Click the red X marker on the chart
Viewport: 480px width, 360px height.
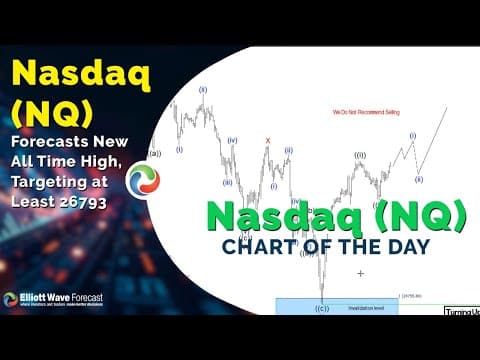pos(267,140)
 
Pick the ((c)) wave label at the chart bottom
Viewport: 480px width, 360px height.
pos(322,307)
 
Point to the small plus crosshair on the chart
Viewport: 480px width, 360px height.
pos(360,273)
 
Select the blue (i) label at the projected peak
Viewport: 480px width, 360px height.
pos(412,135)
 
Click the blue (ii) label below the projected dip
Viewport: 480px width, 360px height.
pos(419,179)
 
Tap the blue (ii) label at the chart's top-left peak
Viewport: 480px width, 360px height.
pos(202,89)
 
